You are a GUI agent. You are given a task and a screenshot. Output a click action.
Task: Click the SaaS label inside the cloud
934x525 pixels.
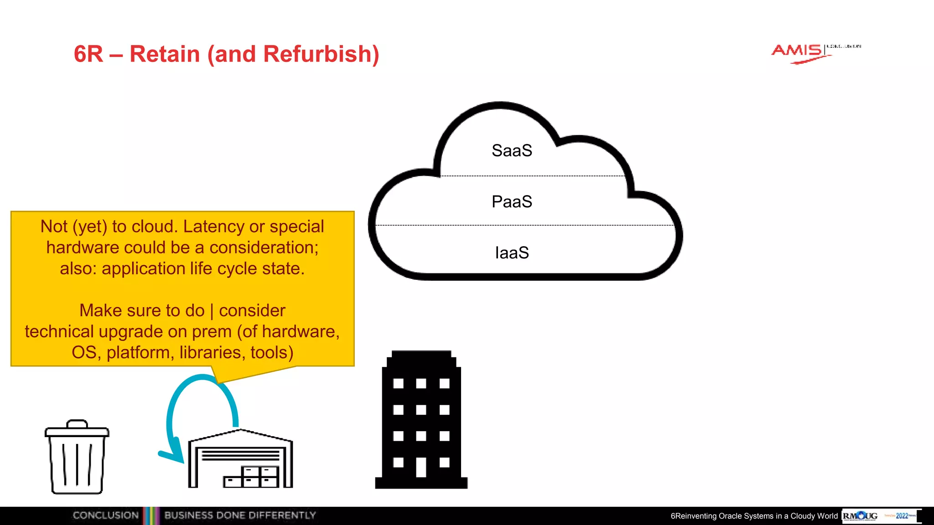[x=512, y=150]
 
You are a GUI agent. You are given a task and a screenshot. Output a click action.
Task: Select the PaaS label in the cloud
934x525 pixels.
[x=512, y=201]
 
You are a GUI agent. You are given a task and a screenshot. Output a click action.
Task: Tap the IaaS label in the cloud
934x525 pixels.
[x=512, y=252]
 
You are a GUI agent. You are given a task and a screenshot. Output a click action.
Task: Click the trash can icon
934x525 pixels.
[x=77, y=458]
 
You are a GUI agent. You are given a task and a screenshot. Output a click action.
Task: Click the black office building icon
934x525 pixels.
[x=421, y=419]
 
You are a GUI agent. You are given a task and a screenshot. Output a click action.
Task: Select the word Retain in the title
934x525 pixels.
[x=165, y=54]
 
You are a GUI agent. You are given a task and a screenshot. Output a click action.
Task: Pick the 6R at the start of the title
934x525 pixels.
[x=88, y=54]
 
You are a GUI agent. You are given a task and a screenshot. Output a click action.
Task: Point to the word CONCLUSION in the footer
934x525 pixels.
[x=105, y=515]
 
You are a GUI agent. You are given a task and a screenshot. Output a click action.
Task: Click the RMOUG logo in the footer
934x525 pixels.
[x=860, y=516]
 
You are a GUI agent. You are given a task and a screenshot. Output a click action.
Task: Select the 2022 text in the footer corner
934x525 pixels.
[x=902, y=516]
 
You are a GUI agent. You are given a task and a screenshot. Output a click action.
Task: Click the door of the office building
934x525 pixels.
[x=421, y=467]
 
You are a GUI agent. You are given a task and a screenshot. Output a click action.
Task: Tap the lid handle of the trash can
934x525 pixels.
[x=77, y=424]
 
